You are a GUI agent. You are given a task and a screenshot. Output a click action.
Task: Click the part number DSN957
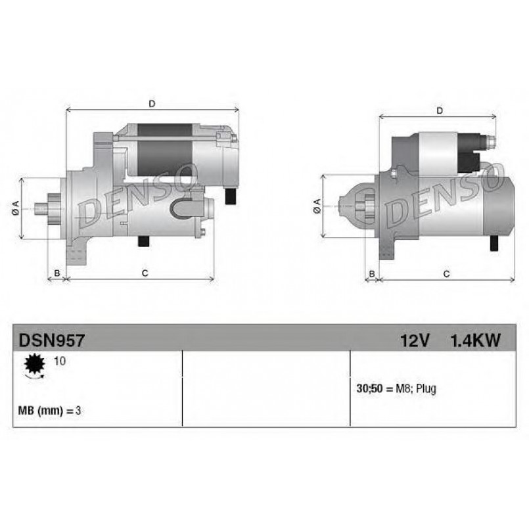click(x=52, y=340)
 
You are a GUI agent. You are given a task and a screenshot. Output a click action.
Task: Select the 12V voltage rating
click(x=415, y=340)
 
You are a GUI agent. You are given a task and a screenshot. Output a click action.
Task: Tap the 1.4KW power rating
click(x=475, y=340)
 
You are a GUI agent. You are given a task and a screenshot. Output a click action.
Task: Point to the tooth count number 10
click(x=60, y=361)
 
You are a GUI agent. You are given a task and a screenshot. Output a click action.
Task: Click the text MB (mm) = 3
click(x=49, y=411)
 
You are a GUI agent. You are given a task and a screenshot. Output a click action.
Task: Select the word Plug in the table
click(x=426, y=389)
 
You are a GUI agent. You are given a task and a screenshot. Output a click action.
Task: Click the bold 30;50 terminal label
click(x=369, y=388)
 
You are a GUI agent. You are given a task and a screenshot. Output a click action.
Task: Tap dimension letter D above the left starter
click(x=152, y=104)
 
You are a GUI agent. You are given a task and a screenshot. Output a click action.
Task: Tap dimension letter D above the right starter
click(x=439, y=110)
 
